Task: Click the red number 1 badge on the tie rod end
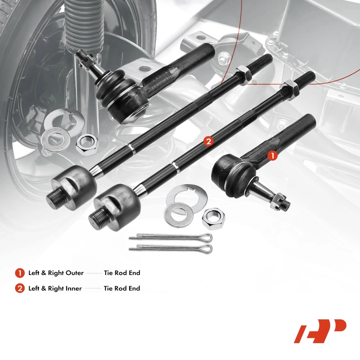(273, 156)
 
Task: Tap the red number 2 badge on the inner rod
(208, 141)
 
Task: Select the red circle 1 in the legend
(20, 273)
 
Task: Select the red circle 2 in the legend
(20, 288)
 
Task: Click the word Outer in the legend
(75, 273)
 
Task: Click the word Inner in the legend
(73, 288)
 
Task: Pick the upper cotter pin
(171, 237)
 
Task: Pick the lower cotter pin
(171, 248)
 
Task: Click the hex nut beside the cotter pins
(213, 219)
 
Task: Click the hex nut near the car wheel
(87, 144)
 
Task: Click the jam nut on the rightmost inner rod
(289, 91)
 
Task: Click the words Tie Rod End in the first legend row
(122, 273)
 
